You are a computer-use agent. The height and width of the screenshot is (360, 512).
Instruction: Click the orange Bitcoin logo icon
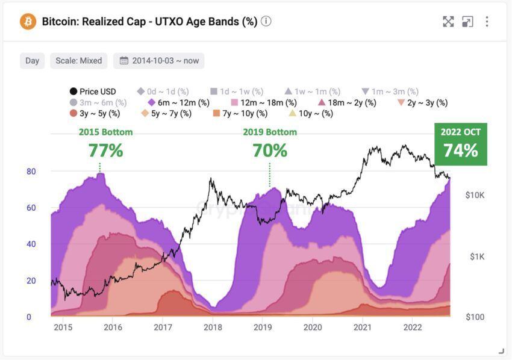(28, 22)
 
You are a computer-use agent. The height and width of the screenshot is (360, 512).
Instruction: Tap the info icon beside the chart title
(266, 22)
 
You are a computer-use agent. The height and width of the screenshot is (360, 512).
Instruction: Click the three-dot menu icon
(487, 22)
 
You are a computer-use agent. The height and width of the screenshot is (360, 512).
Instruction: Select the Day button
(33, 61)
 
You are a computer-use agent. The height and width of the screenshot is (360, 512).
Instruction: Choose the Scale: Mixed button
(78, 61)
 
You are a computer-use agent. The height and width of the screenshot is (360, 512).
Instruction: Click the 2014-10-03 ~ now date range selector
(159, 61)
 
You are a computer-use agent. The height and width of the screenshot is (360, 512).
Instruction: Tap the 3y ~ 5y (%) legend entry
(95, 113)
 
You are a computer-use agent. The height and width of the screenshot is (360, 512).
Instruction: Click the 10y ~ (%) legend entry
(310, 113)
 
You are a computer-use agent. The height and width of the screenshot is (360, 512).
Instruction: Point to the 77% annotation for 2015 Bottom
(106, 151)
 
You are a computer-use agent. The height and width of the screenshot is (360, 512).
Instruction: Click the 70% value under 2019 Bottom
(270, 151)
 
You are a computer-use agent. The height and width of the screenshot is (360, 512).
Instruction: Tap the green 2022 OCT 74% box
(461, 144)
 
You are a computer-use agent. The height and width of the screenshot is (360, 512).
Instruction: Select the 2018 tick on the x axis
(213, 327)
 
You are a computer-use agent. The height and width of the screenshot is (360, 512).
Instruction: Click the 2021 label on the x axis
(362, 327)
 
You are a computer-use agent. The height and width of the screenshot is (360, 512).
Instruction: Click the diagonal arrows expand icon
(448, 22)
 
